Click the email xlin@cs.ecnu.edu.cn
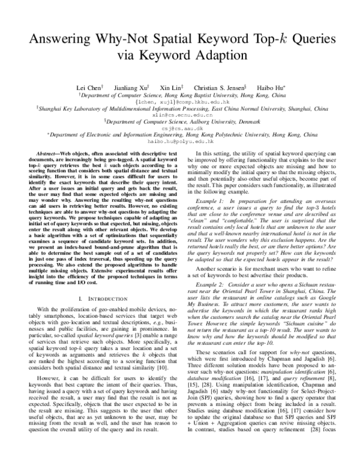(x=179, y=113)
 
